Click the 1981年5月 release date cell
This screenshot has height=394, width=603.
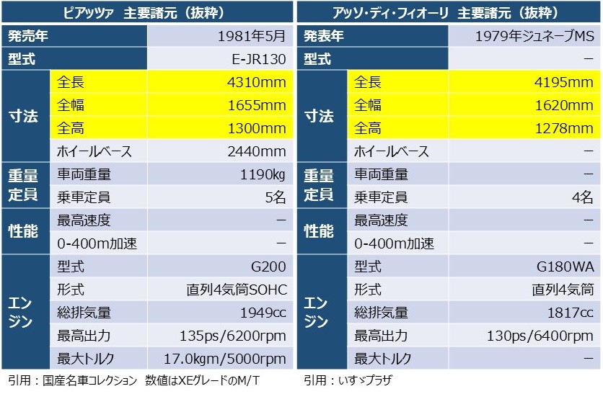click(x=251, y=35)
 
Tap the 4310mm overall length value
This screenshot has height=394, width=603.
click(x=255, y=82)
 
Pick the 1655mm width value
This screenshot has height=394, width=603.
click(x=255, y=105)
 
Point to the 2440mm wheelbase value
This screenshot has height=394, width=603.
click(x=255, y=151)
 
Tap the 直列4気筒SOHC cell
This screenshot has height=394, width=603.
click(x=237, y=290)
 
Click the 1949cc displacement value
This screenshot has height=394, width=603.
click(x=263, y=313)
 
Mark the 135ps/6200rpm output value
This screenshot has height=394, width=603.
click(x=233, y=336)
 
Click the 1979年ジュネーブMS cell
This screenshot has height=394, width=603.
click(x=532, y=35)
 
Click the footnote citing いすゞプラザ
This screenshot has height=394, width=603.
click(x=348, y=380)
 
